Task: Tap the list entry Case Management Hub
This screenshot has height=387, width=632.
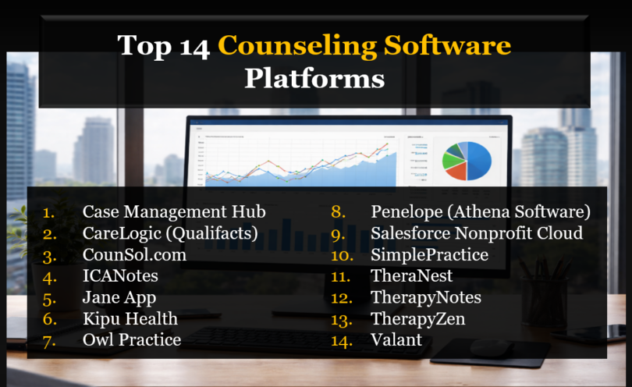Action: [174, 211]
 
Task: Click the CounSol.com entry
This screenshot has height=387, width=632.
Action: [134, 254]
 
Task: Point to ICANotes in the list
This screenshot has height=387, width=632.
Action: [120, 275]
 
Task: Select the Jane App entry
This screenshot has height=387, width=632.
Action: [119, 297]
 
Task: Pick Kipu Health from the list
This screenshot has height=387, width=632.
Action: [130, 318]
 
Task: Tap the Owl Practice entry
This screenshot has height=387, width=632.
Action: [132, 339]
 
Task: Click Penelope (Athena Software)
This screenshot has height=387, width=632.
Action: [481, 211]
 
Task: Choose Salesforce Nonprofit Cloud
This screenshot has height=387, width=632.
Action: [477, 233]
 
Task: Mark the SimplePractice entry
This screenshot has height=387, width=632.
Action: [429, 254]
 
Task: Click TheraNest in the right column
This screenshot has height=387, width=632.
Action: [411, 275]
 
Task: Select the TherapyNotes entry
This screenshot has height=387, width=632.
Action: [426, 297]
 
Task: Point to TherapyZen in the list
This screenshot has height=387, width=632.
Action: [418, 318]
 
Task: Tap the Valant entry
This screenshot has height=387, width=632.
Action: [396, 339]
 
